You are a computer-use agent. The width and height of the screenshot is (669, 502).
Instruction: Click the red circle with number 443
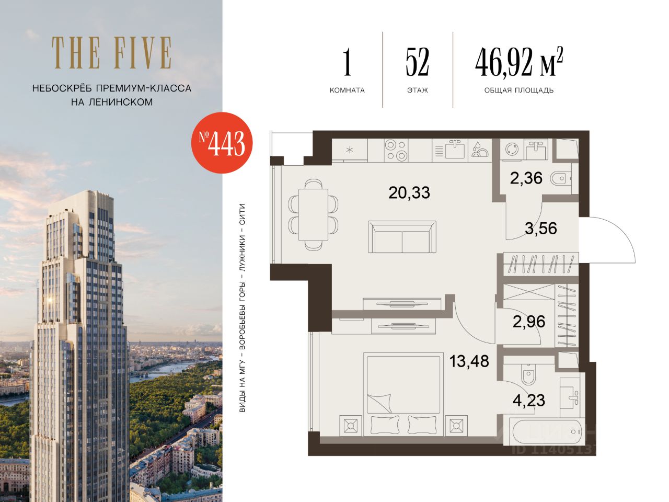[x=222, y=143]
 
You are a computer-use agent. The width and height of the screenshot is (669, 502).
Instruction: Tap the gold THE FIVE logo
[x=111, y=53]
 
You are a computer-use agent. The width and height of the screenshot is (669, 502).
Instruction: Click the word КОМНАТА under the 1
[x=347, y=90]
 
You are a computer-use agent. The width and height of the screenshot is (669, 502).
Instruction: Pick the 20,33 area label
[x=409, y=192]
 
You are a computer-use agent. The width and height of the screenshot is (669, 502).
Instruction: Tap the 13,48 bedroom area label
[x=469, y=361]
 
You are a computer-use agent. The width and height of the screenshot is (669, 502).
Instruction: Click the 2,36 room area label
[x=526, y=178]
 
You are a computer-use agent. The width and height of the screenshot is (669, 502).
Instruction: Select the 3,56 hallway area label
[x=540, y=229]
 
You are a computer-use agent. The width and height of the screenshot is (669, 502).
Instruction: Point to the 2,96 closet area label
[x=529, y=322]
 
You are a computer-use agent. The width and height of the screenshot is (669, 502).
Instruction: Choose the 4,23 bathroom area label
[x=529, y=400]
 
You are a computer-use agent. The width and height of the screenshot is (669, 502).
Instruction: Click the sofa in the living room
[x=402, y=237]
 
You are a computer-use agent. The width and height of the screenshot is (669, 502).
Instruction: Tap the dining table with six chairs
[x=313, y=214]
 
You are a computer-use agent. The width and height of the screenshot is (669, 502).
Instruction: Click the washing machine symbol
[x=512, y=150]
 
